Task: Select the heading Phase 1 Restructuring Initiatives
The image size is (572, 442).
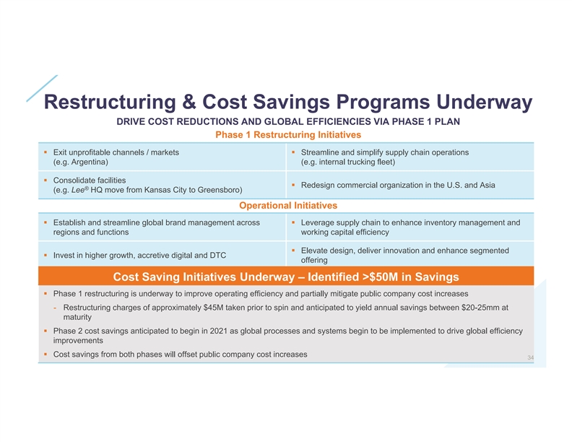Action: coord(289,134)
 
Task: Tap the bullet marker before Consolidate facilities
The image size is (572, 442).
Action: coord(45,179)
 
